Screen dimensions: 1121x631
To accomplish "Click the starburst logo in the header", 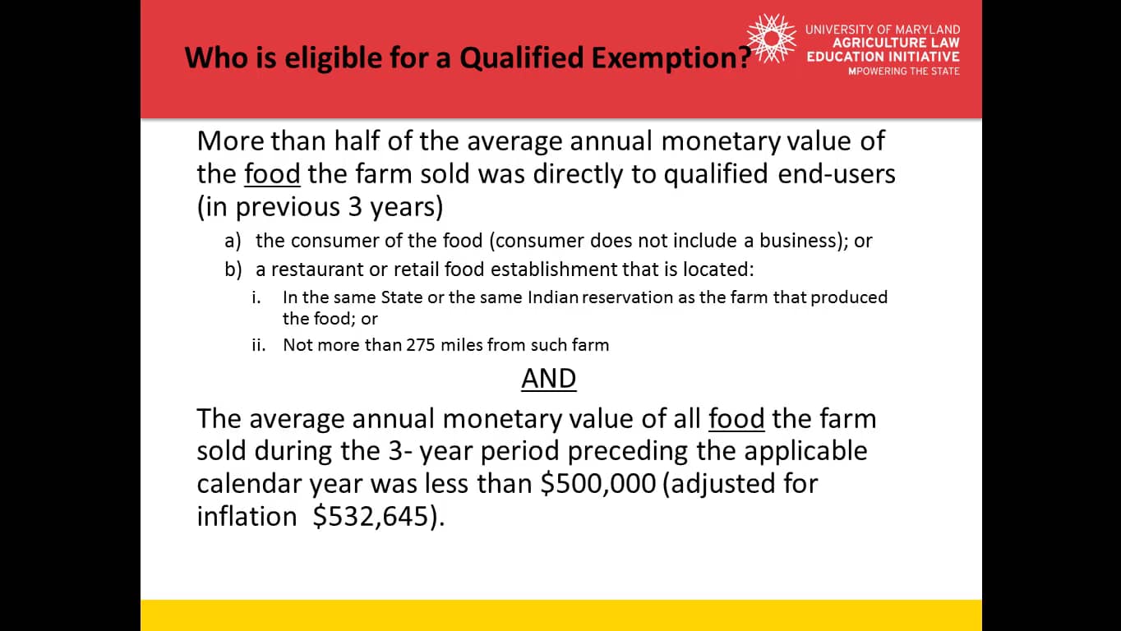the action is (771, 39).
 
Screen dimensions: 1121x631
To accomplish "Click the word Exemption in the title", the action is (671, 58).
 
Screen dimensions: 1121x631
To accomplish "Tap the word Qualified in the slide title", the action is (522, 58).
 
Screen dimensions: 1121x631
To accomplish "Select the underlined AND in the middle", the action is (548, 378).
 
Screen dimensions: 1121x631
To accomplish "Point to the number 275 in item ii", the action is (421, 345).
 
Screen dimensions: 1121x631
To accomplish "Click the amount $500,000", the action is (598, 483).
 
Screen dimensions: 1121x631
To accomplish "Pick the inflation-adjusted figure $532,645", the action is (371, 516).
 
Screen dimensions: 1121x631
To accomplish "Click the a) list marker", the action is (233, 241).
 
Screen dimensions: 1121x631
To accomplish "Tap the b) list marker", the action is (233, 269).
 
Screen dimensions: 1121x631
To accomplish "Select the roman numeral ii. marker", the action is (259, 345).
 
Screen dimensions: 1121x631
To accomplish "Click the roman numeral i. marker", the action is (256, 297).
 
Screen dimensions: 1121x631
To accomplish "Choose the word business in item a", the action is (798, 241).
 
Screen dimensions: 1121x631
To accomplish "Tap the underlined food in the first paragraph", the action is (272, 174).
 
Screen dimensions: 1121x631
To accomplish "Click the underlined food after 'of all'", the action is (736, 418).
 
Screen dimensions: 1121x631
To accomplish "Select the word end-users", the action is (837, 174).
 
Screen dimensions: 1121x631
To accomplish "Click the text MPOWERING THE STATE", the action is (904, 71).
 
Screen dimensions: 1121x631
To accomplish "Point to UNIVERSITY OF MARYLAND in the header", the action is (883, 30).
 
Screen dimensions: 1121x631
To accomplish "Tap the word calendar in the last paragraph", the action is (249, 483).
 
